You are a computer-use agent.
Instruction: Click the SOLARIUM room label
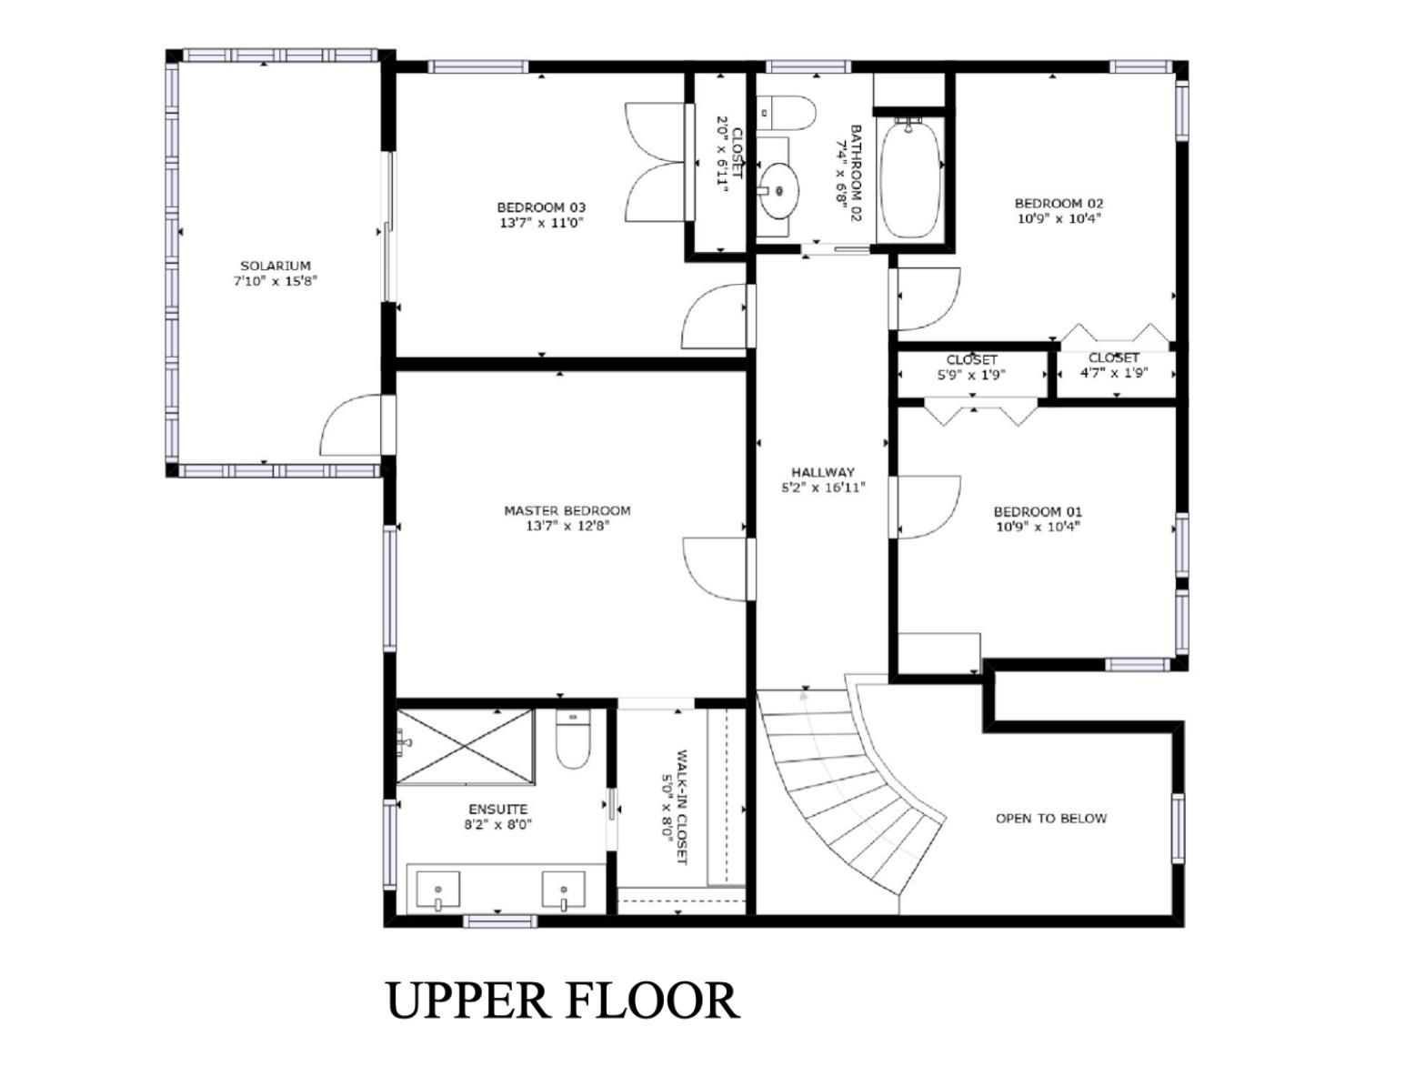[276, 266]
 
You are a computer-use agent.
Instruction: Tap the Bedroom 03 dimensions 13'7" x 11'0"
[541, 223]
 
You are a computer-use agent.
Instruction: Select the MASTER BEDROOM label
[567, 510]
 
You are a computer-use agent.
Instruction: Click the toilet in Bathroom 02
[786, 113]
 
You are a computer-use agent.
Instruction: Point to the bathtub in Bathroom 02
[910, 177]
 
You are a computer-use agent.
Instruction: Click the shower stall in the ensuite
[465, 747]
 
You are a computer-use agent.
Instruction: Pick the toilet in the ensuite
[573, 739]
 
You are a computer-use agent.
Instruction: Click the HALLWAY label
[823, 472]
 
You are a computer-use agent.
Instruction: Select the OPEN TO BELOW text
[1051, 818]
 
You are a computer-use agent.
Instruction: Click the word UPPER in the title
[469, 1001]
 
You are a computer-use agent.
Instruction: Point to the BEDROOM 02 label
[1059, 203]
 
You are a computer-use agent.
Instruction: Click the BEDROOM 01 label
[1038, 511]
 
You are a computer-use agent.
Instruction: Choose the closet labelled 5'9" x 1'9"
[971, 374]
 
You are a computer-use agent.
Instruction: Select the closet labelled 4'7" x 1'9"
[1116, 374]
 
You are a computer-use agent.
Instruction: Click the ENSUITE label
[498, 809]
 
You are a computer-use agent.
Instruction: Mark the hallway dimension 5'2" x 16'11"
[823, 488]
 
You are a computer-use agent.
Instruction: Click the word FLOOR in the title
[652, 1001]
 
